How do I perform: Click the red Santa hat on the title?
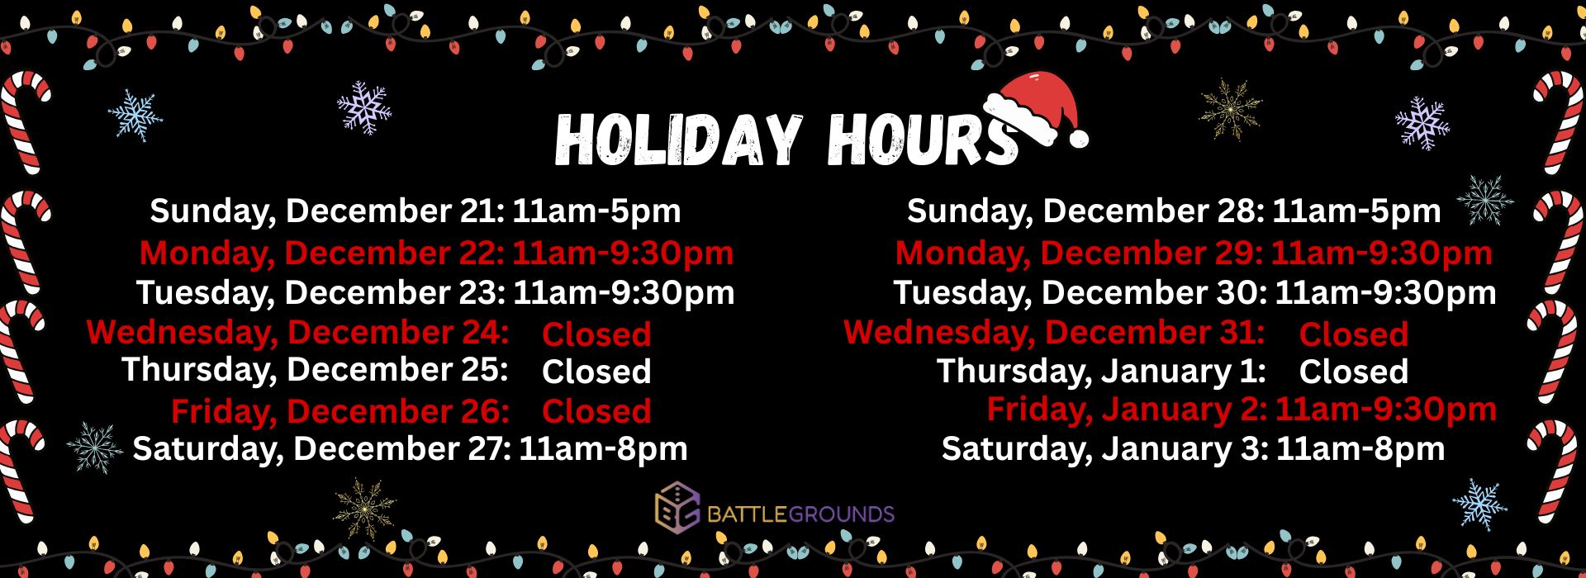coord(1037,110)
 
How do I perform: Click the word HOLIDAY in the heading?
coord(678,139)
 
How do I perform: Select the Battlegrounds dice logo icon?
coord(677,508)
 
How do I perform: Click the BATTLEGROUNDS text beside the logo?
coord(800,515)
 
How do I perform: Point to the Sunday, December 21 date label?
coord(327,211)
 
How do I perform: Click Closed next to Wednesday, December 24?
coord(596,334)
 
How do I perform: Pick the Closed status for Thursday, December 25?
coord(596,372)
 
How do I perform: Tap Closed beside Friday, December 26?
coord(596,411)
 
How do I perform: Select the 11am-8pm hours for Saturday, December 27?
coord(603,449)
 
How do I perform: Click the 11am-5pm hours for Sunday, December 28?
coord(1356,211)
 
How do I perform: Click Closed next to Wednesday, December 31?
coord(1353,334)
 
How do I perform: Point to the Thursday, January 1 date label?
coord(1101,372)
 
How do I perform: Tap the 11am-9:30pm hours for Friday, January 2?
coord(1386,410)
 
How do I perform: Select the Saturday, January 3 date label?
coord(1105,449)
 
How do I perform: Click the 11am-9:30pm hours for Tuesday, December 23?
coord(624,293)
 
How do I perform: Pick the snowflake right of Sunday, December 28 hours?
coord(1485,201)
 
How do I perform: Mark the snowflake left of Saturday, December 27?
coord(94,448)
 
